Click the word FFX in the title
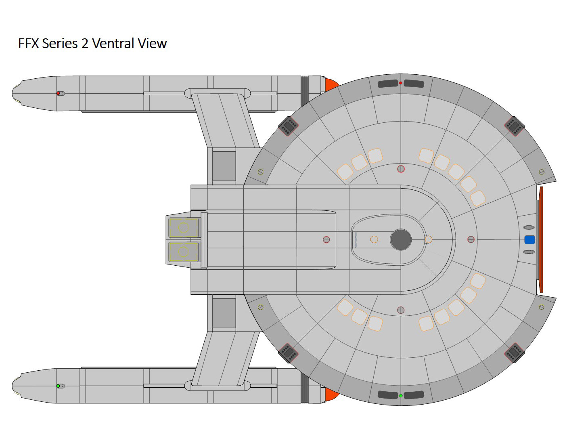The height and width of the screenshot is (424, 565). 28,43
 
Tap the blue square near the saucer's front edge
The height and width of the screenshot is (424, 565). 529,240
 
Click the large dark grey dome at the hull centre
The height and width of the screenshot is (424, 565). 401,239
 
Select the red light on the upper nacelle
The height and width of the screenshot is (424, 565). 58,93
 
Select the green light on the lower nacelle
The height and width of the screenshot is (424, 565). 58,386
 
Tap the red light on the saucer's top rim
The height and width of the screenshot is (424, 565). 400,83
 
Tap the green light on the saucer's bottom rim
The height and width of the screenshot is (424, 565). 400,396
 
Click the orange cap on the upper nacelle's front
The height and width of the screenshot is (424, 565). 331,85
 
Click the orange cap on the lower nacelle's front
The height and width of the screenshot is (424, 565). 331,394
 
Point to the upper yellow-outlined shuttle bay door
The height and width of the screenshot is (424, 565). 184,228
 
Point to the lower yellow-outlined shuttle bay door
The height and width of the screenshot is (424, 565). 184,252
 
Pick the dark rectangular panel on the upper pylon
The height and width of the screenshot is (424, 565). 224,166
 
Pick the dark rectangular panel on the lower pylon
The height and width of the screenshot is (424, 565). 224,313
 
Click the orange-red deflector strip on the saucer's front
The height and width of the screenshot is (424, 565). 541,240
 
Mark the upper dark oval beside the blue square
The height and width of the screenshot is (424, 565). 529,227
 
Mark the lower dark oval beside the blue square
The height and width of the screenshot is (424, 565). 529,252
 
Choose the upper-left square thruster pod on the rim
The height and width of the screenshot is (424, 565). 289,126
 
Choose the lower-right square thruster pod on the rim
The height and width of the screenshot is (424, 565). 514,353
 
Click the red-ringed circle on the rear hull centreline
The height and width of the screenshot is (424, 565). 326,239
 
